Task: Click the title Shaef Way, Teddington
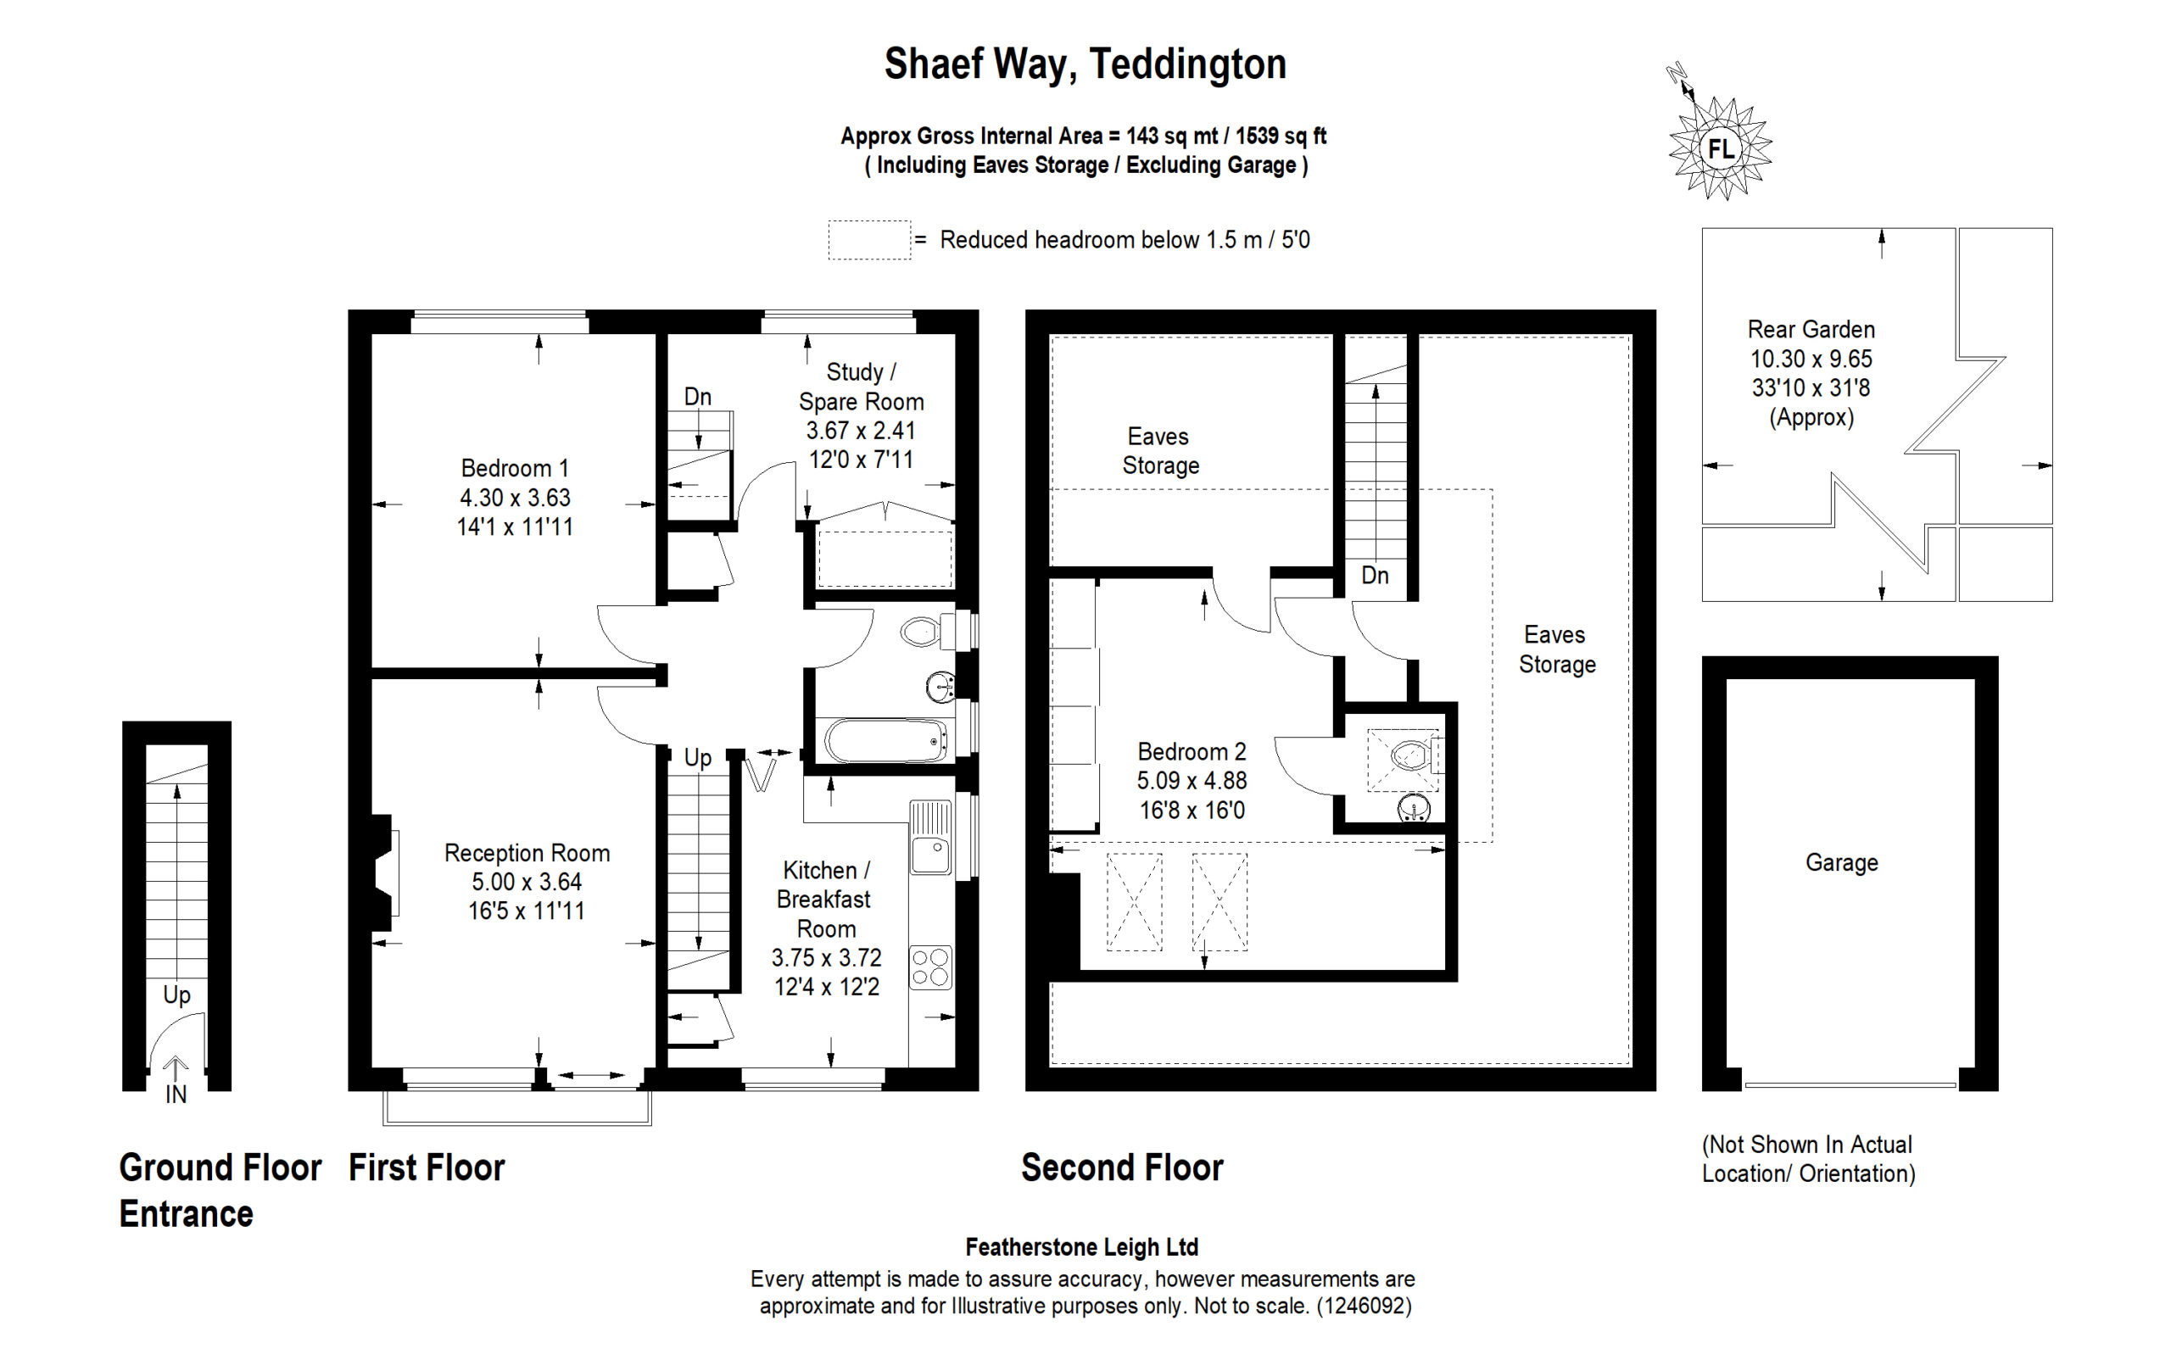pos(1085,64)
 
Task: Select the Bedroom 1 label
pos(514,468)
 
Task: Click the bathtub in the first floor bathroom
pos(885,740)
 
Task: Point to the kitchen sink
pos(930,839)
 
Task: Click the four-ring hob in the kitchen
pos(930,967)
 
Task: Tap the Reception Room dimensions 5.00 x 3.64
pos(527,882)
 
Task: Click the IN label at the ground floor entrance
pos(176,1095)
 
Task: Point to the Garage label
pos(1841,862)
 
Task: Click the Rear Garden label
pos(1811,330)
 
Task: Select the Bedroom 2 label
pos(1192,751)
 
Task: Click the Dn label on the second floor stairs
pos(1375,575)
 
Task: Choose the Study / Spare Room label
pos(861,387)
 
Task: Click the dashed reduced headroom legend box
pos(868,240)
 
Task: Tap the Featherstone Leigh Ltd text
pos(1082,1246)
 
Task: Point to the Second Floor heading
pos(1122,1167)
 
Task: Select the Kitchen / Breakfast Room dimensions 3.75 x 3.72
pos(827,957)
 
